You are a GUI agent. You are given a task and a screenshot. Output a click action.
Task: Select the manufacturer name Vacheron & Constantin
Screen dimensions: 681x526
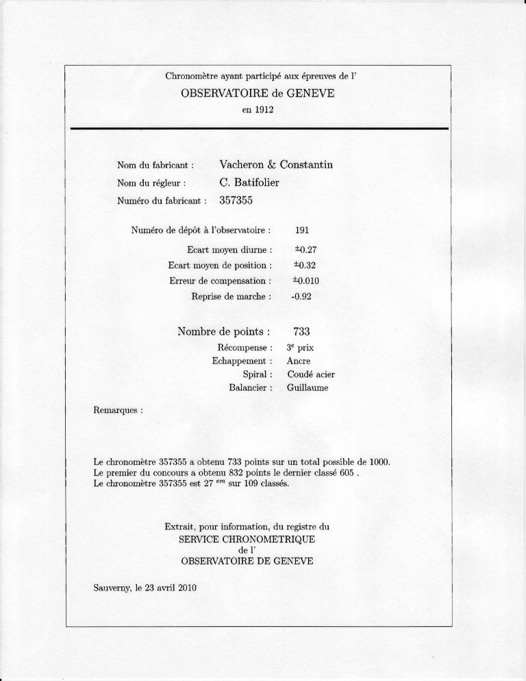(276, 165)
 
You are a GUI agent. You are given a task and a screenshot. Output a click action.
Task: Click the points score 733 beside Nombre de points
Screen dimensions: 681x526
(302, 332)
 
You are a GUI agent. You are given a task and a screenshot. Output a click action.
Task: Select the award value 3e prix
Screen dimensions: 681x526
(300, 348)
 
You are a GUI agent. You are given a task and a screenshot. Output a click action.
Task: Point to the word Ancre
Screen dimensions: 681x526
(299, 361)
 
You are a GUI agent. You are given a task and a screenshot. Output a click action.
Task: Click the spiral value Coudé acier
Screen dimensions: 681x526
(310, 374)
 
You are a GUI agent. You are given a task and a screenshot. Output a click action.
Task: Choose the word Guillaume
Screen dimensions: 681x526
(308, 388)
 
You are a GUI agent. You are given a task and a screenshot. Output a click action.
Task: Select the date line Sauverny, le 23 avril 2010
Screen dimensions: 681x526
(145, 588)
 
